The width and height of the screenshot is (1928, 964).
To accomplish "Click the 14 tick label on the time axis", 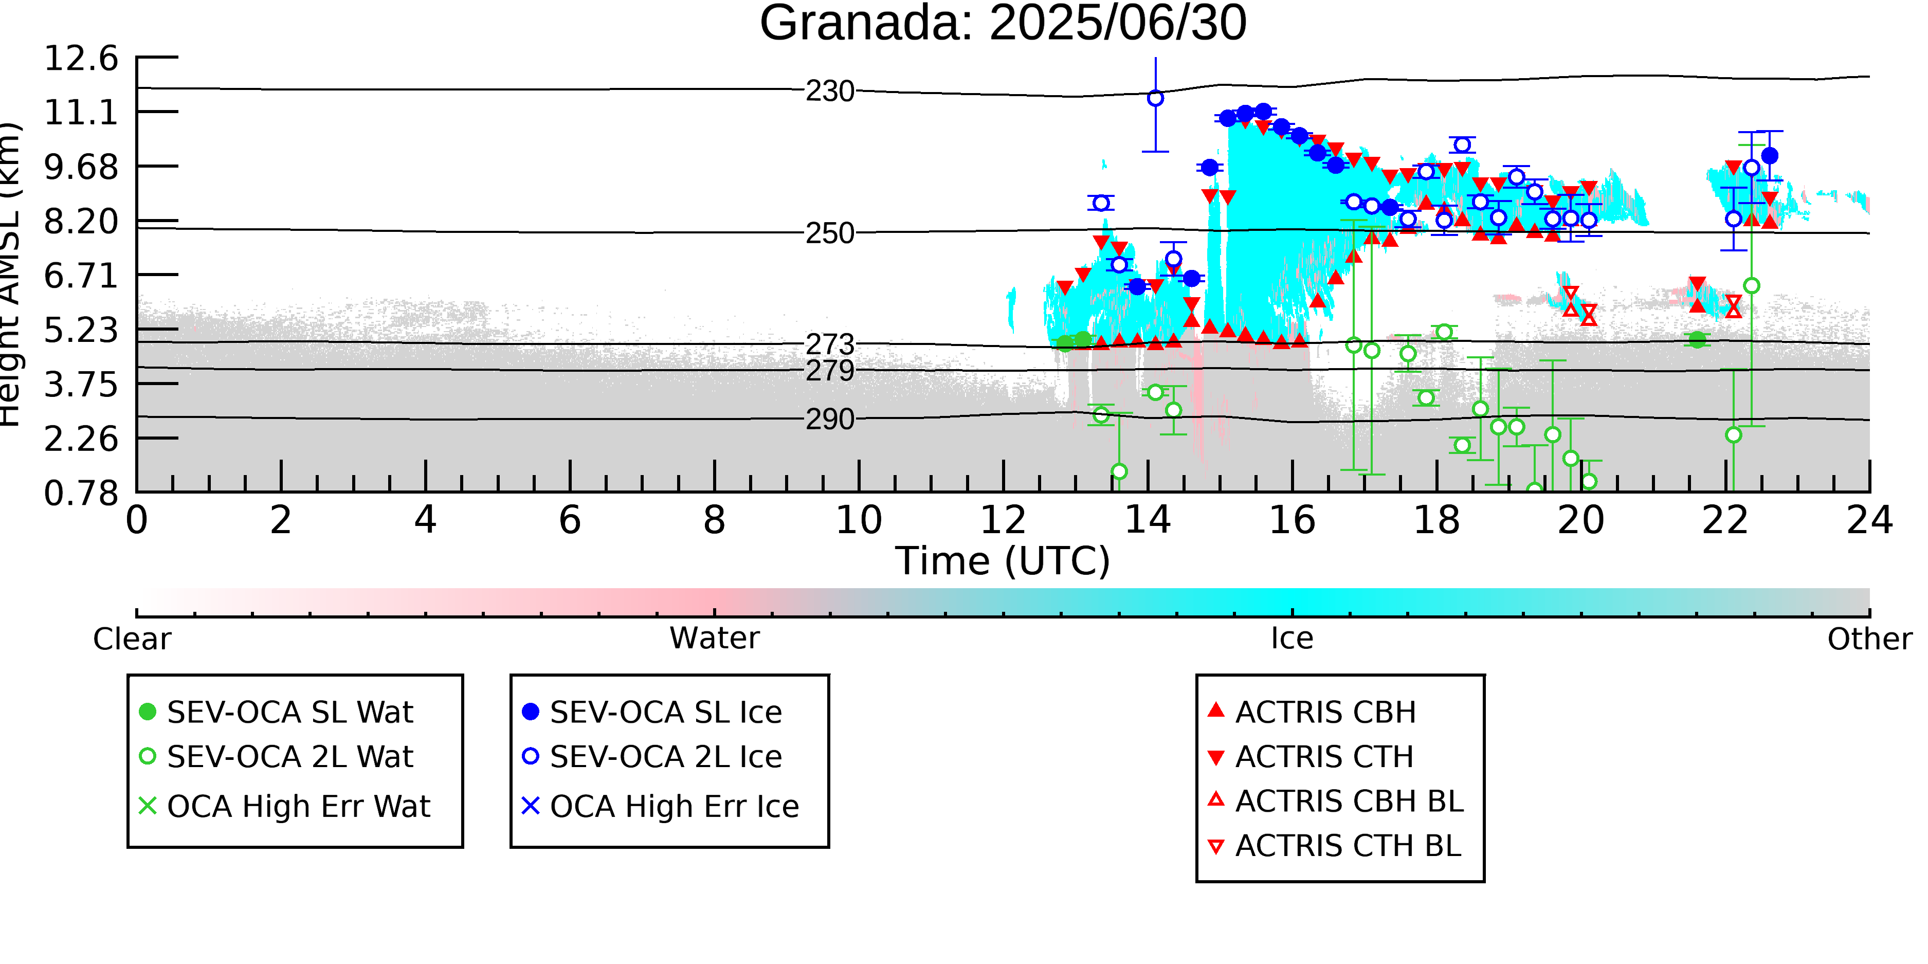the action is pyautogui.click(x=1148, y=520).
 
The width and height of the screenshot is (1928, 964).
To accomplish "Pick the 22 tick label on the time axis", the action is pyautogui.click(x=1725, y=520).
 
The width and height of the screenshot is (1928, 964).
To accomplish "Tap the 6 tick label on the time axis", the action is pyautogui.click(x=570, y=520).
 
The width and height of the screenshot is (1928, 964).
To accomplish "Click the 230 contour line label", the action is pyautogui.click(x=830, y=92).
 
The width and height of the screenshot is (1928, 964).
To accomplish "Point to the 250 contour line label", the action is pyautogui.click(x=830, y=233).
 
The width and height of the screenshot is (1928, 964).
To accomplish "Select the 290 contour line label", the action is pyautogui.click(x=830, y=419).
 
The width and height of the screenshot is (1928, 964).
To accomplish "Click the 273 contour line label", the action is pyautogui.click(x=830, y=344).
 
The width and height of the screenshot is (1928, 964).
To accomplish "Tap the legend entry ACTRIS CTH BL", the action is pyautogui.click(x=1335, y=846).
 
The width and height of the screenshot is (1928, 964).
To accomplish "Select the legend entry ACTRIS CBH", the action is pyautogui.click(x=1312, y=712).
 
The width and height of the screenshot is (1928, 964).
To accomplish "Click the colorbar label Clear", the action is pyautogui.click(x=132, y=639).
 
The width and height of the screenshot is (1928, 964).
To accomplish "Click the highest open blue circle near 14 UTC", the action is pyautogui.click(x=1156, y=98).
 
